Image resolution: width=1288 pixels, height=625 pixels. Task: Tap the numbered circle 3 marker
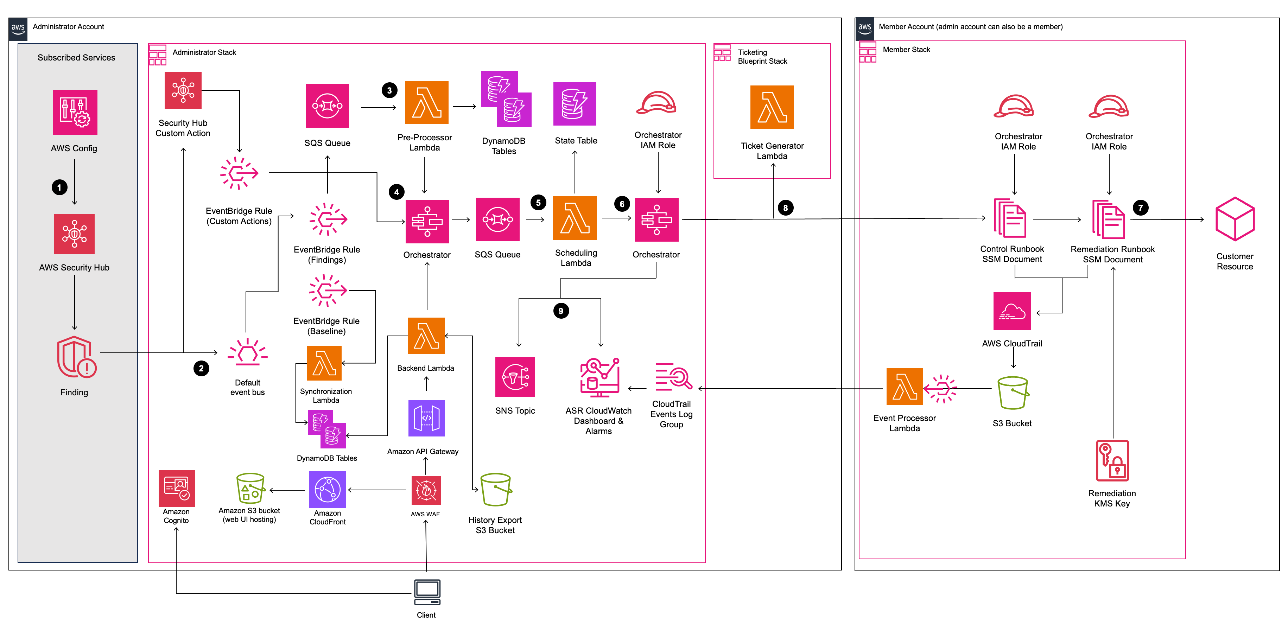point(389,90)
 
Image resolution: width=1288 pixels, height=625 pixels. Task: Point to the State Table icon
point(575,104)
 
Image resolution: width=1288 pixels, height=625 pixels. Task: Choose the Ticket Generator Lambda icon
point(772,108)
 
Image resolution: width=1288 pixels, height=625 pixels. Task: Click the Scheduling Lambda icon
point(575,218)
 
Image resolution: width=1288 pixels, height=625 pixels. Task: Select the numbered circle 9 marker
point(561,311)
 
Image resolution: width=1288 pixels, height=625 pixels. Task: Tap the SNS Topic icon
point(515,377)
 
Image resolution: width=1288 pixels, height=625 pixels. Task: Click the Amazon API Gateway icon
point(426,418)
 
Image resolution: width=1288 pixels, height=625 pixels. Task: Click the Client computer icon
point(427,593)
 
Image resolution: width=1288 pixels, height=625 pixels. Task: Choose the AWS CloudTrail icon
point(1012,311)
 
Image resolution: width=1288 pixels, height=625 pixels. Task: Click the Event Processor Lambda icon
point(905,387)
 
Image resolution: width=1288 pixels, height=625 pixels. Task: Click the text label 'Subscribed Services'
point(76,57)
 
